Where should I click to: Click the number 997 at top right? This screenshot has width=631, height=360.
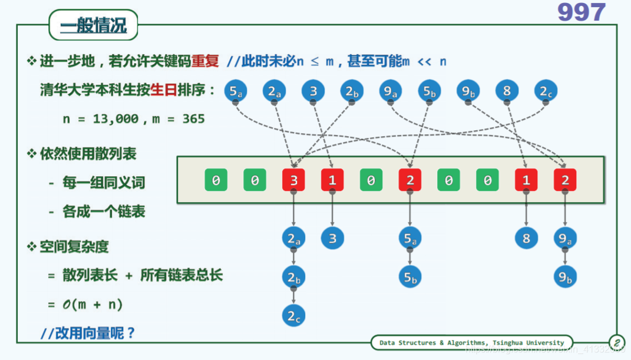581,13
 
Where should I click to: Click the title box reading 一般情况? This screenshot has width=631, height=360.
94,27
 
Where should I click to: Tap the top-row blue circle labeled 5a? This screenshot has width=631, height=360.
236,91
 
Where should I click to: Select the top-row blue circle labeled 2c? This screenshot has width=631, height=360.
545,91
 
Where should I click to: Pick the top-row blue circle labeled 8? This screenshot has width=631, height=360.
507,91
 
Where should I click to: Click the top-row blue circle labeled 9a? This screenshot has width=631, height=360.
390,91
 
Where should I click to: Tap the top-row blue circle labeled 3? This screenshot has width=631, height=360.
313,91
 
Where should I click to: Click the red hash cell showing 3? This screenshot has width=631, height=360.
293,180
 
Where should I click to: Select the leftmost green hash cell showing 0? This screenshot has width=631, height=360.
216,180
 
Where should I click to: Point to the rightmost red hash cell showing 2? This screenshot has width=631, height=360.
565,180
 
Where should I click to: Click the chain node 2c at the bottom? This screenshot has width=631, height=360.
293,316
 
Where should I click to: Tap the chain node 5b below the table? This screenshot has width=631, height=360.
410,277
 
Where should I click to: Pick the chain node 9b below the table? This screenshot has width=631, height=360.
565,277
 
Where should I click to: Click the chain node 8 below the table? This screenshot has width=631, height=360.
526,238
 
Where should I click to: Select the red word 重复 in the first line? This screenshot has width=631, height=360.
204,61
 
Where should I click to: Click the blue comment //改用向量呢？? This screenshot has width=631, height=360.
88,333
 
